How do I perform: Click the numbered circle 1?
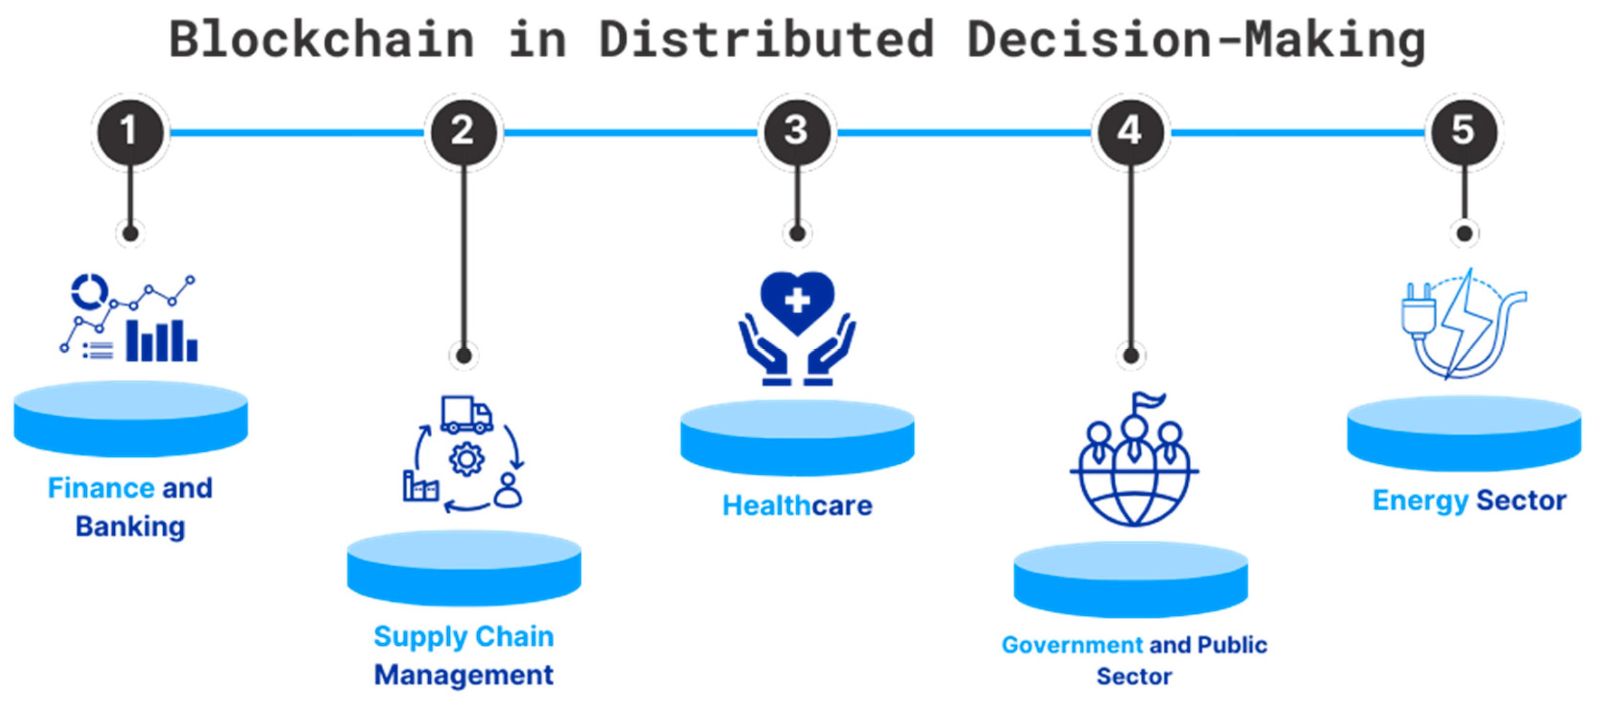130,131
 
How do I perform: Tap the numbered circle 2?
463,131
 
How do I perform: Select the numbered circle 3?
797,131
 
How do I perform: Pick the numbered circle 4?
1131,131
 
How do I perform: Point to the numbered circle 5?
1464,131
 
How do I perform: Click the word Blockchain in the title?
322,40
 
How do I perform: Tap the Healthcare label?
797,505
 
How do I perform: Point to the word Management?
464,675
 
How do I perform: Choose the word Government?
1072,645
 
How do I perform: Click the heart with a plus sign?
797,301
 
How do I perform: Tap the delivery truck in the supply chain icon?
467,415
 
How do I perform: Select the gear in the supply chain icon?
467,460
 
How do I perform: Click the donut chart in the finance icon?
89,290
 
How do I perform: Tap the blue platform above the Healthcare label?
797,437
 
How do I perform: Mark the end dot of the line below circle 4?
1131,356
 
